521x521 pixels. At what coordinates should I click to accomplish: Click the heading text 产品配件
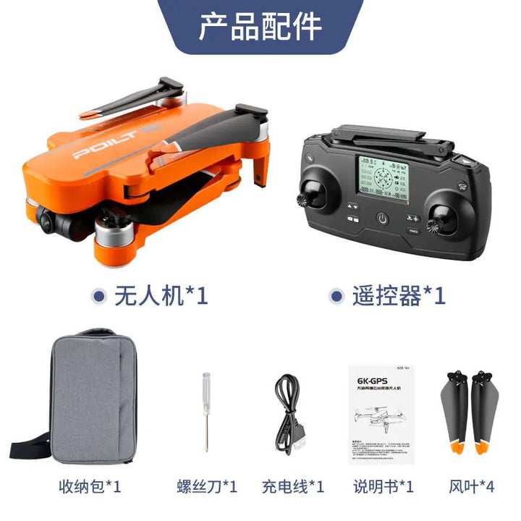pyautogui.click(x=260, y=27)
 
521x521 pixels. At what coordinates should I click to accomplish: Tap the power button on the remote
pyautogui.click(x=381, y=219)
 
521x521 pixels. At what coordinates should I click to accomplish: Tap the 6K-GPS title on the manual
pyautogui.click(x=370, y=379)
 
